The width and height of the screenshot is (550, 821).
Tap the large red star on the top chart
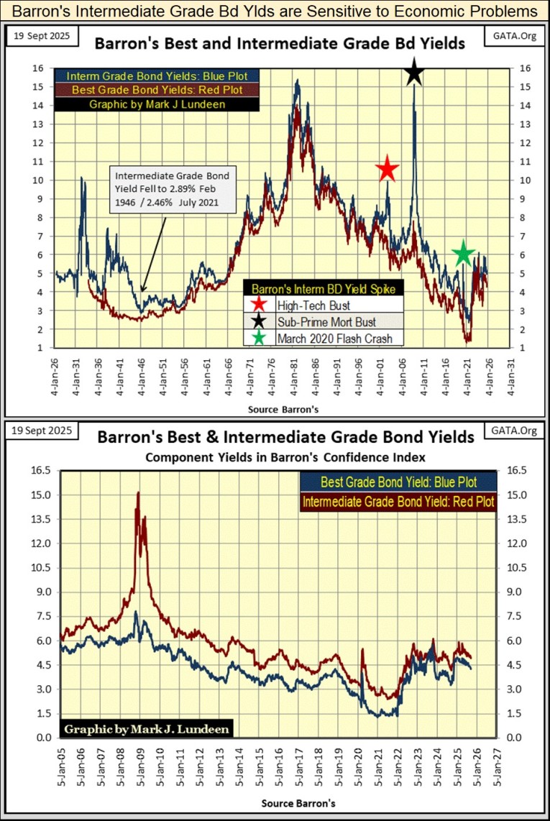click(387, 170)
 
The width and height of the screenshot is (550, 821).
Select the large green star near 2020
click(464, 253)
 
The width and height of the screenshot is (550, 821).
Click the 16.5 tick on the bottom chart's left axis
click(41, 470)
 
